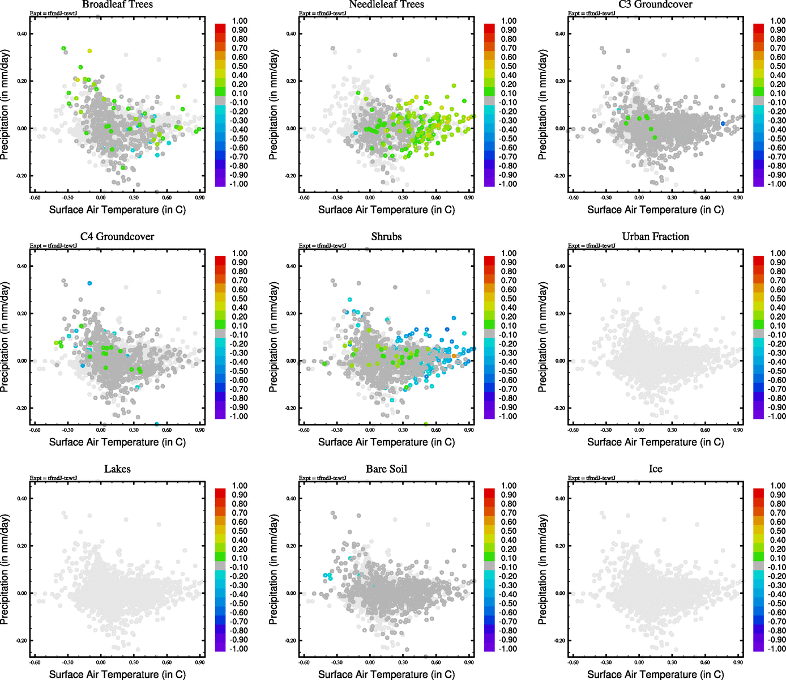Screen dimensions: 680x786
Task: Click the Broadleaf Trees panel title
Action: click(x=117, y=5)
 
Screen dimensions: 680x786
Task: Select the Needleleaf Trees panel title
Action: click(x=386, y=5)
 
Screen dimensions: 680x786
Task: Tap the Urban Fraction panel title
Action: click(x=655, y=237)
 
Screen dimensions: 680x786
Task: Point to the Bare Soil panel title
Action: click(x=386, y=469)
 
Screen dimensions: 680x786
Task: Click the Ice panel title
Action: click(x=655, y=469)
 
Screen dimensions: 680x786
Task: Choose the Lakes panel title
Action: click(x=117, y=469)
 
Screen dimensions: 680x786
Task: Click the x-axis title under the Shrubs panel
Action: click(x=386, y=442)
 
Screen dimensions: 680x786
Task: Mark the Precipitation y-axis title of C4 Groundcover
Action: click(x=5, y=337)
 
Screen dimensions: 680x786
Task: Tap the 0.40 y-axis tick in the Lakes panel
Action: click(x=21, y=499)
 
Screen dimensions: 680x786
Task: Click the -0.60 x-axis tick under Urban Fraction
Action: click(x=573, y=430)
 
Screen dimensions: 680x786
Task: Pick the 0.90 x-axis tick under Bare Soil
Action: click(x=469, y=662)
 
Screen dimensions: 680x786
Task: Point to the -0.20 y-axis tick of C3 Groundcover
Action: click(x=559, y=176)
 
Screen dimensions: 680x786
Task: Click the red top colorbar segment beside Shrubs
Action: click(x=489, y=261)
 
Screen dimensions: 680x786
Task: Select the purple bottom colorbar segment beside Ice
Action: click(x=758, y=647)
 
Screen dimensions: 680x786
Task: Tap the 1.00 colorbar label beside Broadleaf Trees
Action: click(x=240, y=21)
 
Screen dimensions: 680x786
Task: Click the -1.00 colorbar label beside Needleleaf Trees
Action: click(x=507, y=184)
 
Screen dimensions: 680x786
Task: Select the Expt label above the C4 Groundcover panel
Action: click(x=53, y=245)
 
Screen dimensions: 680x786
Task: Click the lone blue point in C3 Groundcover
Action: click(x=723, y=124)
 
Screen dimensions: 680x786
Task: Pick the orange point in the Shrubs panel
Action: click(x=454, y=356)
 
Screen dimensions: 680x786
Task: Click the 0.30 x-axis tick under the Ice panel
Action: click(x=672, y=662)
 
